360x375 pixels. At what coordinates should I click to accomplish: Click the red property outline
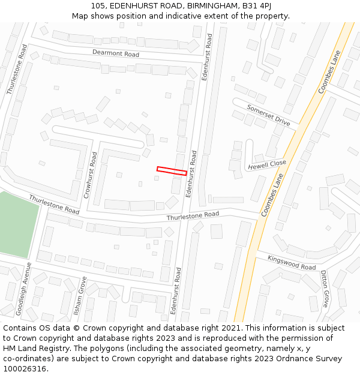coord(172,171)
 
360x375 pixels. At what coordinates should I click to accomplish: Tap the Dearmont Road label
coord(115,53)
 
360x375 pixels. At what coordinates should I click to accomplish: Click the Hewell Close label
coord(267,165)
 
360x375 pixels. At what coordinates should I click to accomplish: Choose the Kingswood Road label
coord(292,263)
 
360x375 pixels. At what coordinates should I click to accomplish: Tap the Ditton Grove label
coord(325,288)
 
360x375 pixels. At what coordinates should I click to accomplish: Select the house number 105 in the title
coord(99,5)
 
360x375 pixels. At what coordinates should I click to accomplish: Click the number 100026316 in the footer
coord(25,369)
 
